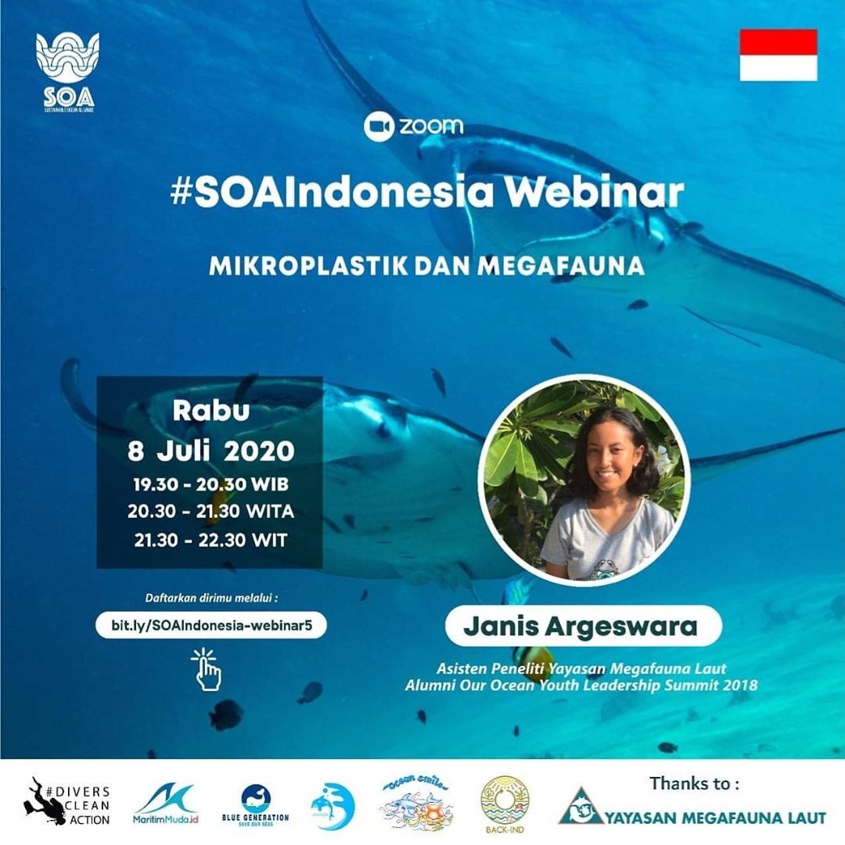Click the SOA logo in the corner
[x=67, y=70]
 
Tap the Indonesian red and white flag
[x=778, y=55]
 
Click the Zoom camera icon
[x=379, y=126]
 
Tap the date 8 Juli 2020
[x=210, y=451]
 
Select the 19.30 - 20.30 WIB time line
[x=210, y=484]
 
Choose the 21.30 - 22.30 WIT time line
[x=210, y=539]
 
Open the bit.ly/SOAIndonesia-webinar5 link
[x=210, y=625]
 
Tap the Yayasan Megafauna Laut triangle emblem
[x=580, y=807]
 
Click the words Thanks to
[x=693, y=782]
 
